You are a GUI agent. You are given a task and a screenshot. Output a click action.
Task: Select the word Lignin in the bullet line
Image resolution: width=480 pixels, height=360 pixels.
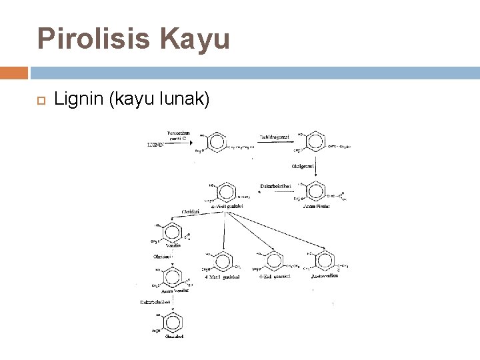75,100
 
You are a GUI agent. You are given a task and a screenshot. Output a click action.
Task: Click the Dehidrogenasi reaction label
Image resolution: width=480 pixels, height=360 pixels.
270,137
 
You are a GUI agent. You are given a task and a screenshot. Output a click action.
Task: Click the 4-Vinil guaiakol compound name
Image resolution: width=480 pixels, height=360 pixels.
227,206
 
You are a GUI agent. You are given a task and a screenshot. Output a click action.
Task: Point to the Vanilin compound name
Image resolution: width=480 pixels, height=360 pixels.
173,245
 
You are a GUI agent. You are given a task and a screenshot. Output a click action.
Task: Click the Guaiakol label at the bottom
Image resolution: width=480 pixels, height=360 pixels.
173,336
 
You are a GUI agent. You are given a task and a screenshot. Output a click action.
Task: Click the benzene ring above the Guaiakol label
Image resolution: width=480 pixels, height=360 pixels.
173,323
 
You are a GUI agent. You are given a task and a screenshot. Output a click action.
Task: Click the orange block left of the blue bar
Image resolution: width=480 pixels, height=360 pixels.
14,72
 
